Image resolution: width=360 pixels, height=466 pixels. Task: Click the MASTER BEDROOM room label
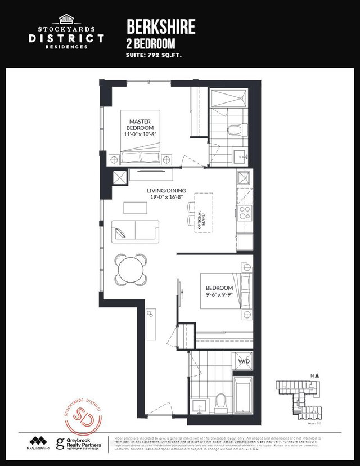[142, 128]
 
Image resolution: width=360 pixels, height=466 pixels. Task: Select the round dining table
[132, 270]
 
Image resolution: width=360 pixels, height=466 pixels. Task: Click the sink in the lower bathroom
[198, 405]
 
